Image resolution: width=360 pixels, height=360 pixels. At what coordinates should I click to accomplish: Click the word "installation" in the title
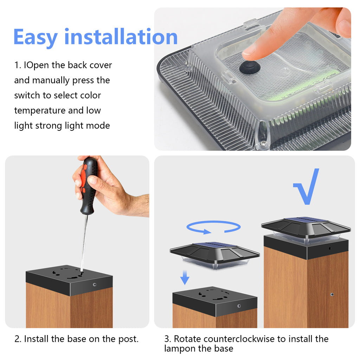tap(121, 37)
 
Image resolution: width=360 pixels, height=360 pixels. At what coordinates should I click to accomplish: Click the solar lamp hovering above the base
tap(214, 255)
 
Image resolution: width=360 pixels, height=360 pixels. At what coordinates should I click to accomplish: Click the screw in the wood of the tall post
tap(332, 294)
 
